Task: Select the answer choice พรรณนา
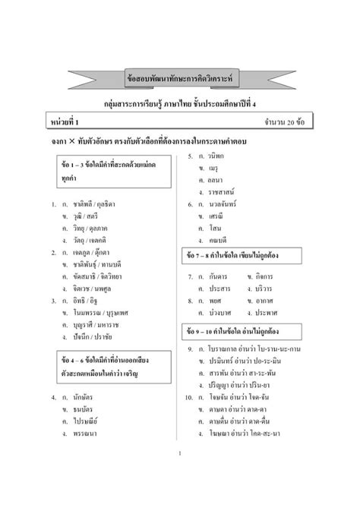(89, 434)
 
